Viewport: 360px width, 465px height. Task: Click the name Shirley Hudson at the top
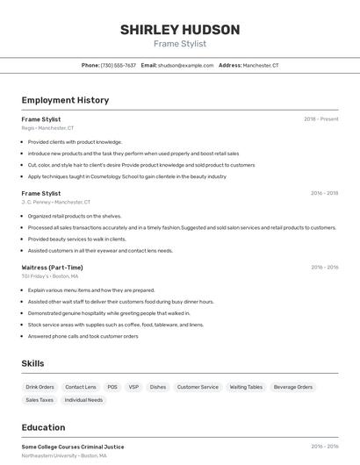pyautogui.click(x=180, y=30)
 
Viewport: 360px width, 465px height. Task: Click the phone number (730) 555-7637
pyautogui.click(x=118, y=65)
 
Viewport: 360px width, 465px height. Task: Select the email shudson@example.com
pyautogui.click(x=185, y=65)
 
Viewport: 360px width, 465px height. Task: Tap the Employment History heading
pyautogui.click(x=65, y=100)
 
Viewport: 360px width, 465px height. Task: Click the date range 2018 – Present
pyautogui.click(x=320, y=118)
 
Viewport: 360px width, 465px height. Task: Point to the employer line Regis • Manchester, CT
pyautogui.click(x=47, y=128)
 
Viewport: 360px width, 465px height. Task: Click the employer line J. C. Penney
pyautogui.click(x=55, y=202)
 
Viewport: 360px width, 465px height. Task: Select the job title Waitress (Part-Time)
pyautogui.click(x=52, y=267)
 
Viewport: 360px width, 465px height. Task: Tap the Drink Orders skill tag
pyautogui.click(x=40, y=387)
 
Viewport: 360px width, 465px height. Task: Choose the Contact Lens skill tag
pyautogui.click(x=81, y=387)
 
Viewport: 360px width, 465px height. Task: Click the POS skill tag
pyautogui.click(x=112, y=387)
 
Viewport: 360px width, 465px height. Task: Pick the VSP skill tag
pyautogui.click(x=133, y=387)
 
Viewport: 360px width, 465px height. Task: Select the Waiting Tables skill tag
pyautogui.click(x=246, y=387)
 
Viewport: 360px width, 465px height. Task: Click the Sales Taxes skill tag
pyautogui.click(x=40, y=400)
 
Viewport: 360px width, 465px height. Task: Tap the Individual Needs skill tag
pyautogui.click(x=83, y=400)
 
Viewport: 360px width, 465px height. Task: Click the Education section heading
pyautogui.click(x=43, y=428)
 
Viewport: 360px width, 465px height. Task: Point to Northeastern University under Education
pyautogui.click(x=64, y=456)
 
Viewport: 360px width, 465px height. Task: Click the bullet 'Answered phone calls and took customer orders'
pyautogui.click(x=83, y=336)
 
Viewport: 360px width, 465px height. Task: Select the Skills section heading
pyautogui.click(x=32, y=363)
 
